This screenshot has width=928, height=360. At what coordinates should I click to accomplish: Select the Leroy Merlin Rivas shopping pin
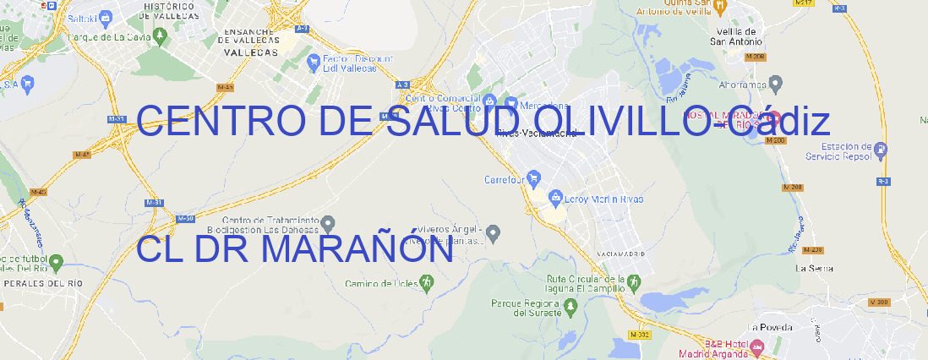(x=555, y=199)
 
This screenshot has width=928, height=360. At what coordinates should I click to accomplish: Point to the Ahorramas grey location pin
(x=777, y=83)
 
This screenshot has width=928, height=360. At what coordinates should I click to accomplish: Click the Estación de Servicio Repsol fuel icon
(x=882, y=150)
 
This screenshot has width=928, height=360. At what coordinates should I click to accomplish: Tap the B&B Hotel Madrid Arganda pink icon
(x=757, y=346)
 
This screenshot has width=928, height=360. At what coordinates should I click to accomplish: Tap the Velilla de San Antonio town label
(x=737, y=35)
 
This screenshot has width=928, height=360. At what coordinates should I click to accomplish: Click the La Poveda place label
(x=771, y=327)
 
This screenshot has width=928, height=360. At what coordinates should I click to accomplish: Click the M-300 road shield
(x=881, y=302)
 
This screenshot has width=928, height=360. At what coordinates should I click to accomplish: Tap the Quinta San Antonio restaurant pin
(x=719, y=6)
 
